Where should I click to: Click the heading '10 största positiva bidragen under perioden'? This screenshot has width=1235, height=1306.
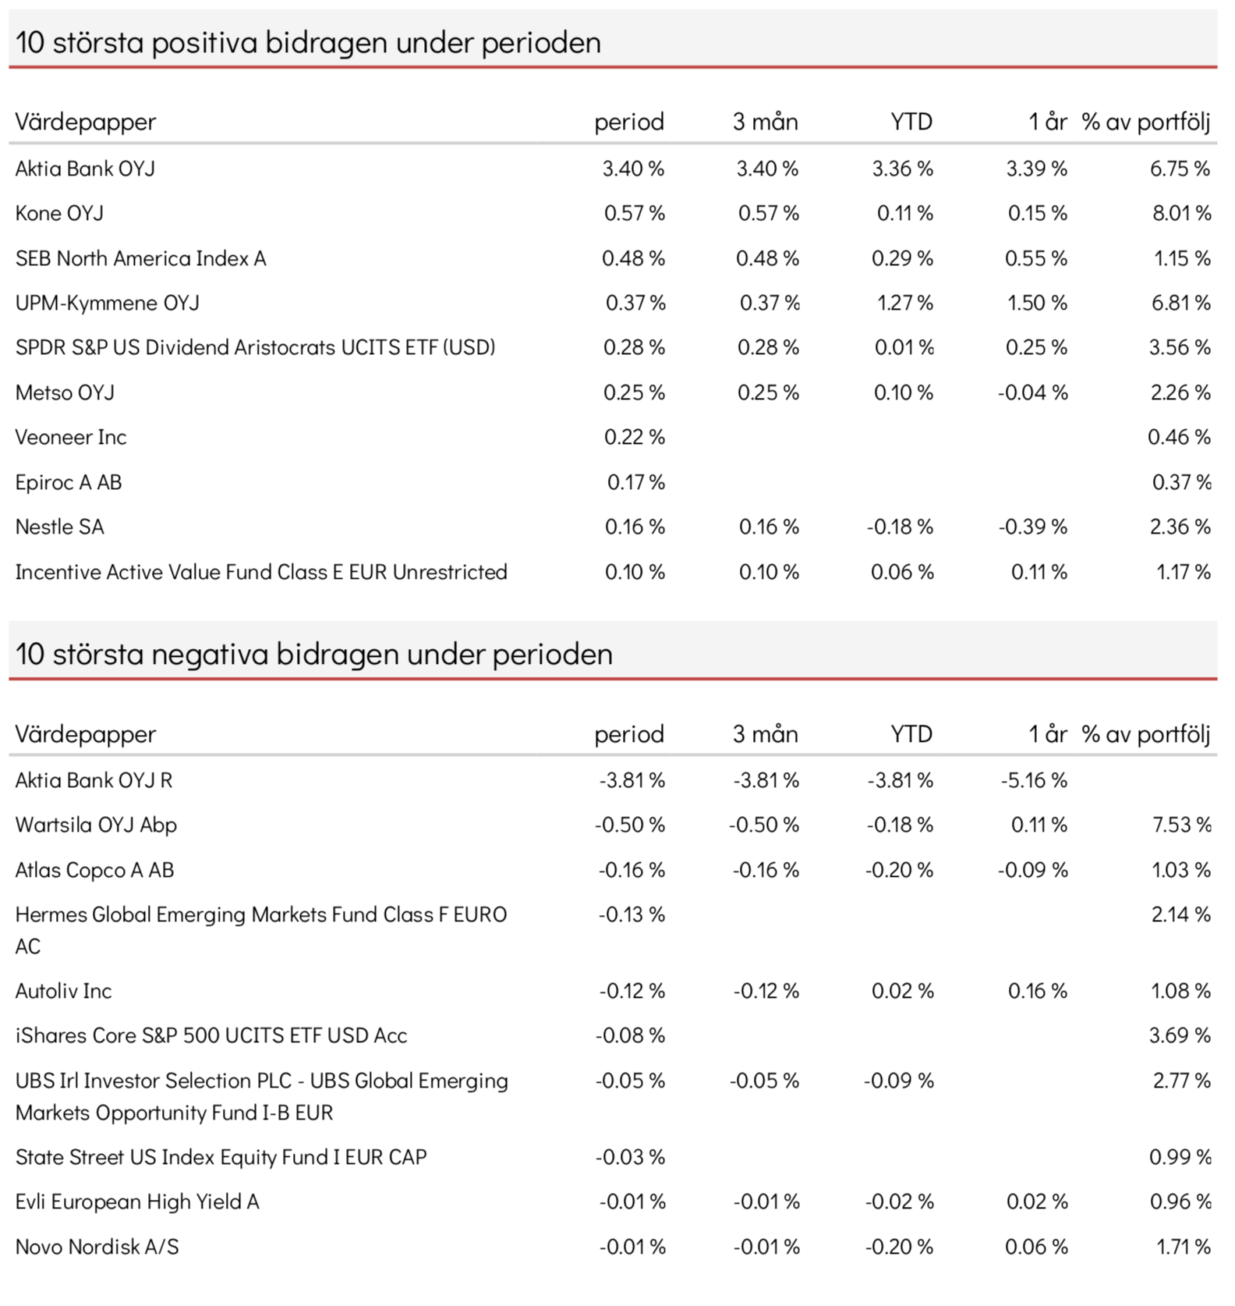click(x=308, y=42)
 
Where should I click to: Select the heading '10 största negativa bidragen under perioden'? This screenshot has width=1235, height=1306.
click(x=313, y=654)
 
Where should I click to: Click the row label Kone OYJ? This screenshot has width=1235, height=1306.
click(x=59, y=213)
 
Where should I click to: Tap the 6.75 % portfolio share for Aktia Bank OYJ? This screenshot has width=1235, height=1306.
click(x=1180, y=169)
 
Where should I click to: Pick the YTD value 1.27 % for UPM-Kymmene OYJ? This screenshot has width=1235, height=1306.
click(x=904, y=303)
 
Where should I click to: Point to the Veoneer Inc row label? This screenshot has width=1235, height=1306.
click(x=71, y=437)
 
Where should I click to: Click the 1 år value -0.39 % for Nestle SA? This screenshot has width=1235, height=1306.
click(x=1033, y=527)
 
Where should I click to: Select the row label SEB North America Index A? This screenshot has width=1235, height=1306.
click(x=141, y=258)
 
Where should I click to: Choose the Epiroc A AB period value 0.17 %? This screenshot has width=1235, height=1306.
click(x=636, y=482)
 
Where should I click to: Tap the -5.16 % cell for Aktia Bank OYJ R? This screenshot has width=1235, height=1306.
click(x=1034, y=780)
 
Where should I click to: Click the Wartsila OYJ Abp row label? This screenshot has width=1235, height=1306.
click(x=96, y=825)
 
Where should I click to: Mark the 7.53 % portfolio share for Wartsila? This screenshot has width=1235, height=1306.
click(x=1182, y=825)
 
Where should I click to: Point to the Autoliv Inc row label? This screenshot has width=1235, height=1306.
click(x=63, y=991)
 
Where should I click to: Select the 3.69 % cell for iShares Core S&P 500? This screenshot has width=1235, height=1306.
click(x=1180, y=1035)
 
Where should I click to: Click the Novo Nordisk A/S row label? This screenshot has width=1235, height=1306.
click(x=97, y=1247)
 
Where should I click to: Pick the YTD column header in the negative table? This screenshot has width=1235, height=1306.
click(x=911, y=734)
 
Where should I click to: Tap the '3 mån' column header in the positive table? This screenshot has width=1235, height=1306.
click(x=766, y=122)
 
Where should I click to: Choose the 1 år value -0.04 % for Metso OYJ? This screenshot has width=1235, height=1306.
click(x=1033, y=392)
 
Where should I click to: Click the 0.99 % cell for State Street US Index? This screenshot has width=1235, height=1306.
click(x=1180, y=1157)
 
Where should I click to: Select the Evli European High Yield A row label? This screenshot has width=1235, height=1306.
click(x=137, y=1202)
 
